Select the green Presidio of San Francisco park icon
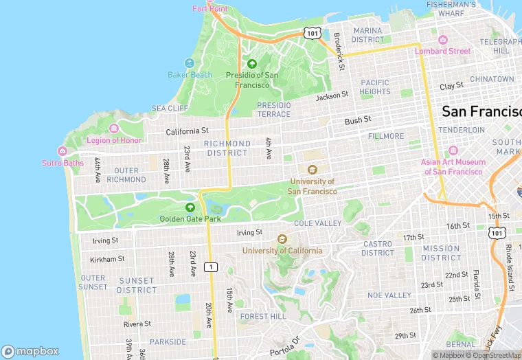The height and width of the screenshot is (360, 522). click(x=252, y=64)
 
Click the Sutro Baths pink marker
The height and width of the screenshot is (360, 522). click(x=63, y=151)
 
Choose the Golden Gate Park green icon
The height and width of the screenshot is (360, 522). click(x=190, y=207)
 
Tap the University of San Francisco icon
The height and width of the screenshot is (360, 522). click(x=313, y=170)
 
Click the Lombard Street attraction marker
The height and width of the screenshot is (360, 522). click(x=443, y=40)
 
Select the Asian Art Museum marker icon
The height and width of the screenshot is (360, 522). click(x=453, y=150)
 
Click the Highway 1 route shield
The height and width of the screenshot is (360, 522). click(x=212, y=267)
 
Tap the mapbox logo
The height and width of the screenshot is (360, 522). click(x=30, y=351)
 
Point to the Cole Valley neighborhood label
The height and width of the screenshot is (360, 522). click(x=317, y=224)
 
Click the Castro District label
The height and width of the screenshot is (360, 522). click(x=378, y=248)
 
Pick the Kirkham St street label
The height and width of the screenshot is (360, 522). click(x=107, y=259)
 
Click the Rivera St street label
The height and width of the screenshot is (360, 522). click(x=137, y=324)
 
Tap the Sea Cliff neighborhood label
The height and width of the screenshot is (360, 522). click(x=170, y=109)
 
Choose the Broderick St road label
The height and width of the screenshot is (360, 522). click(x=339, y=50)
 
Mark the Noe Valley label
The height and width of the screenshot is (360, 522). click(x=389, y=295)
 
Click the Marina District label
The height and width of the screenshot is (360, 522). click(x=367, y=35)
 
